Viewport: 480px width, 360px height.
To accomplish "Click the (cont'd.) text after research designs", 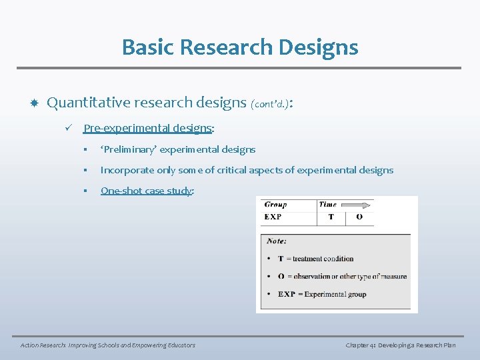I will click(x=270, y=104).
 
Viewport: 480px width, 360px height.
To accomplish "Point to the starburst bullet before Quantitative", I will click(x=33, y=103).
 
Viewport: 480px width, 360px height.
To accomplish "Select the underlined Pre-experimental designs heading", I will click(x=148, y=128).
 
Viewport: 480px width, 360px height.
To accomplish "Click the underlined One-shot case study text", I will click(x=147, y=191).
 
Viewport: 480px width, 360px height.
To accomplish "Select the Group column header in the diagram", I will click(x=275, y=205).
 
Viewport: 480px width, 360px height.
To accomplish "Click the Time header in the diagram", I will click(x=327, y=205).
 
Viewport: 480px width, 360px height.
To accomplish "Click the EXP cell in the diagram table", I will click(x=273, y=217).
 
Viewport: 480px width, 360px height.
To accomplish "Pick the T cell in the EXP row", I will click(x=331, y=217).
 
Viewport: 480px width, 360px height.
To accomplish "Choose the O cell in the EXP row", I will click(x=359, y=217).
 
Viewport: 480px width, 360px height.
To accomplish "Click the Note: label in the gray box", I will click(x=277, y=241).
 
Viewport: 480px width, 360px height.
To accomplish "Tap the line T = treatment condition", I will click(x=315, y=259).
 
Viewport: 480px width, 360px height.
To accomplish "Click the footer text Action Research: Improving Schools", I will click(x=107, y=345).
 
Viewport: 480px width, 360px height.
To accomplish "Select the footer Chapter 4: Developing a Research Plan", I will click(x=400, y=345).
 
